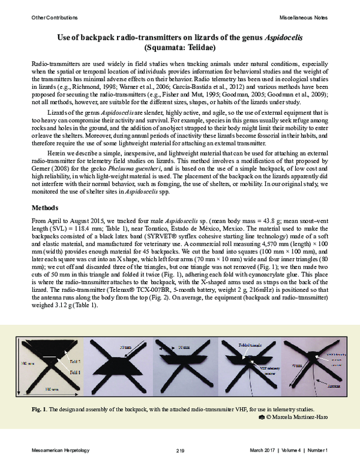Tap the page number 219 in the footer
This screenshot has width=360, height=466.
pos(179,450)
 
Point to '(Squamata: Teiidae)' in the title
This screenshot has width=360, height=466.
pos(179,47)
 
